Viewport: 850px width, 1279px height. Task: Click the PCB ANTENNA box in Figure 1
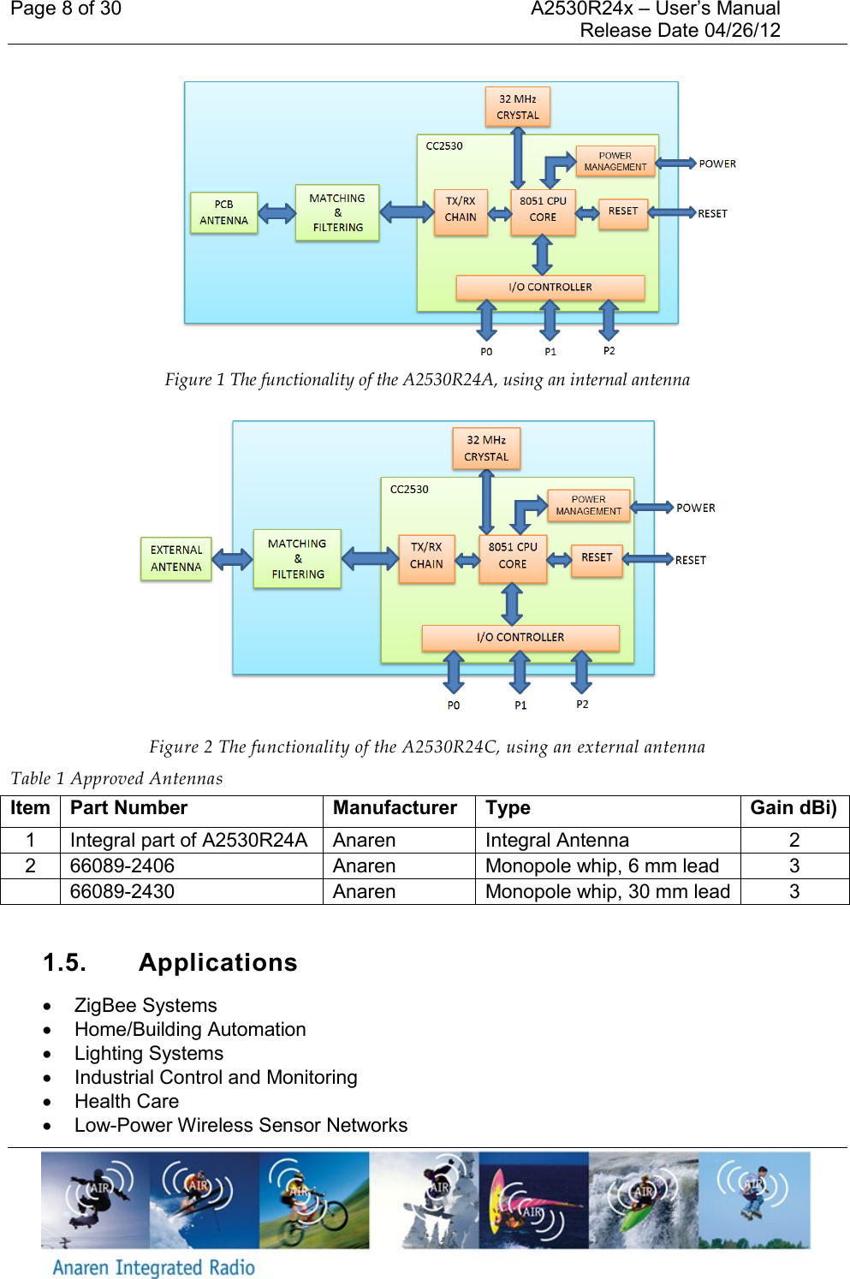[223, 212]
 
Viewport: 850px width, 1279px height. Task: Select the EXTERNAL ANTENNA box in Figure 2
[175, 558]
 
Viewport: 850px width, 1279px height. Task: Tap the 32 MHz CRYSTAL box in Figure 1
[518, 107]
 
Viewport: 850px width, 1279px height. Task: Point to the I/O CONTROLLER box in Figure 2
[520, 637]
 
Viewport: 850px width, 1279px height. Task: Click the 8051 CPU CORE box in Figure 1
[543, 210]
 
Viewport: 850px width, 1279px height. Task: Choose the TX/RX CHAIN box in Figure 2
[426, 556]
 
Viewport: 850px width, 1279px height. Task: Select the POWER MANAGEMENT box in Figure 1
[615, 162]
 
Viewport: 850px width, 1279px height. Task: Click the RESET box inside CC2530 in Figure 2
[597, 558]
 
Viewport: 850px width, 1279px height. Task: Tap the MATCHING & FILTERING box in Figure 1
[337, 212]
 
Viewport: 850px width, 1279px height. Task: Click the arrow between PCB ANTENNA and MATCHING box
[276, 212]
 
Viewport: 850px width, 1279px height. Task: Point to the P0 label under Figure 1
[486, 352]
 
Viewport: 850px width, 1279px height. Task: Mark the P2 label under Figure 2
[582, 705]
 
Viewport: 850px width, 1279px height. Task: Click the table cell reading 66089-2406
[122, 866]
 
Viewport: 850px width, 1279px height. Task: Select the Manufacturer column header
[395, 808]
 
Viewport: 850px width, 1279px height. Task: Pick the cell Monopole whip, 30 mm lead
[607, 891]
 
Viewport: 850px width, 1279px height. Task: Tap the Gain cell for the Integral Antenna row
[794, 840]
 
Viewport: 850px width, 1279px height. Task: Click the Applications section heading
[217, 962]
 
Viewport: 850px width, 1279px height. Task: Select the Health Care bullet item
[127, 1101]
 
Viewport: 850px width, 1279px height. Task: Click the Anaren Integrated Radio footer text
[154, 1267]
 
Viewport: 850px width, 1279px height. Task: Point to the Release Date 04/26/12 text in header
[680, 31]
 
